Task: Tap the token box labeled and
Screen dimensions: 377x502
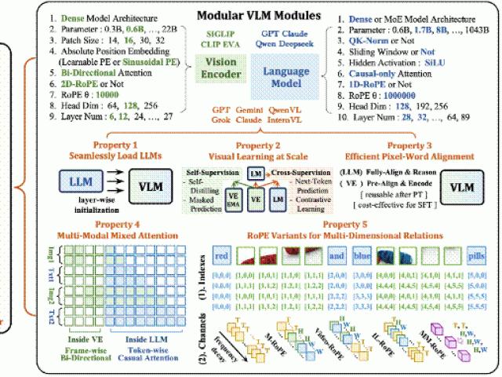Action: pyautogui.click(x=338, y=255)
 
